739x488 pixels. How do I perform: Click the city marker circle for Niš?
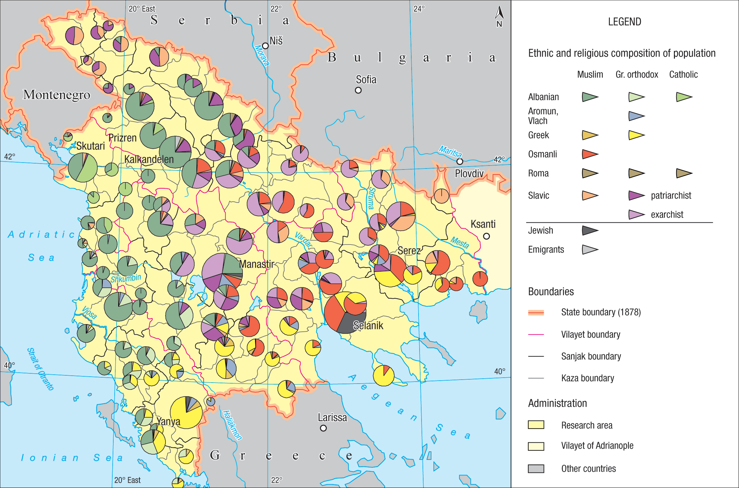pos(265,46)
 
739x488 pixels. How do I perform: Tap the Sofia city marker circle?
pos(358,90)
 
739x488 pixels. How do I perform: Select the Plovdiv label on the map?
pos(469,173)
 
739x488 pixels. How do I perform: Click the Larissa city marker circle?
pos(323,428)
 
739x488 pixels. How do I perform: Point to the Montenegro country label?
pos(56,95)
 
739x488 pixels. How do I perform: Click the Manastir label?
pos(257,264)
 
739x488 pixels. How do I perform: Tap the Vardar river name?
pos(303,240)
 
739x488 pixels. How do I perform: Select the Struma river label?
pos(371,198)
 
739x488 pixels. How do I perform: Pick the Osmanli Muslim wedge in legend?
pos(590,154)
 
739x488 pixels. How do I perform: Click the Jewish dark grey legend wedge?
pos(590,230)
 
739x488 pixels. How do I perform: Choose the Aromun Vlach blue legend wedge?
pos(636,116)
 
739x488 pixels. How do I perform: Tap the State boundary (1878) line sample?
pos(536,313)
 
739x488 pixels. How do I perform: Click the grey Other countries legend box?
pos(536,469)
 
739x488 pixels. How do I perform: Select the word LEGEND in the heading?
pos(624,22)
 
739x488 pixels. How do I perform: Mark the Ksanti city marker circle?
pos(486,236)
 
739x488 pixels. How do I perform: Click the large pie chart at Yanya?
pos(186,412)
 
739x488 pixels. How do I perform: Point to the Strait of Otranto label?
pos(40,369)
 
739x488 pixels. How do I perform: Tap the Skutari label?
pos(90,146)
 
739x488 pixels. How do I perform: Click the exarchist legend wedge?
pos(636,214)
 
